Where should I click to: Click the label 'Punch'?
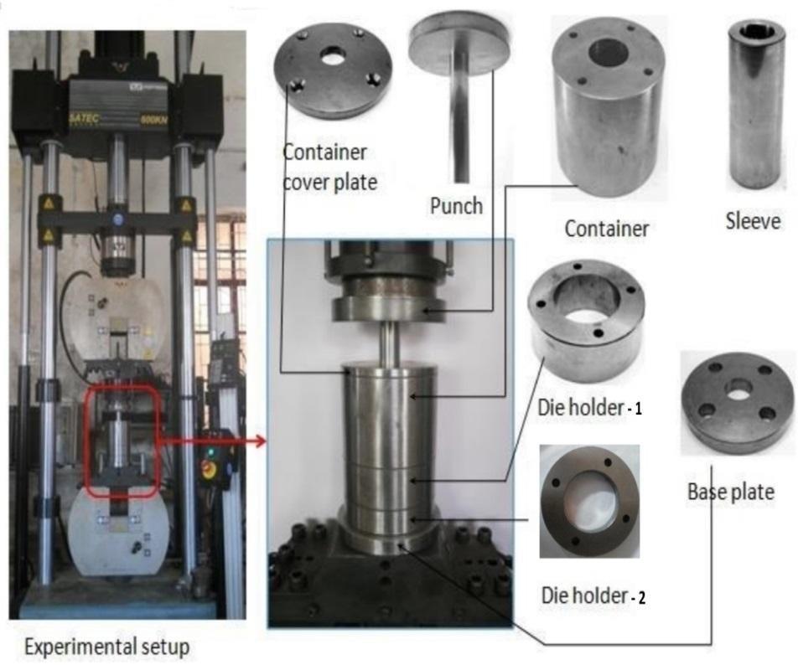click(456, 204)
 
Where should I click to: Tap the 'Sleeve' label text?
click(753, 221)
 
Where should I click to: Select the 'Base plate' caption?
click(730, 492)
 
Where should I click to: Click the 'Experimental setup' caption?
click(106, 647)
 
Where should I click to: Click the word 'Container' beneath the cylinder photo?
click(607, 228)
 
